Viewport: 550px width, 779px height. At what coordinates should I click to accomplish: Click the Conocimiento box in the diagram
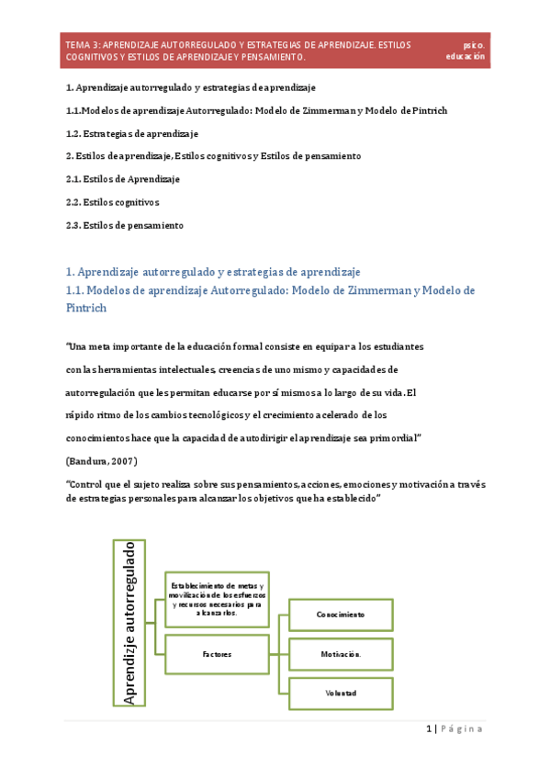click(341, 615)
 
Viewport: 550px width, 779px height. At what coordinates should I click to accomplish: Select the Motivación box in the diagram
click(341, 654)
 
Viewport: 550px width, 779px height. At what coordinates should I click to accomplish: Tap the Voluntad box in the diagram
click(341, 694)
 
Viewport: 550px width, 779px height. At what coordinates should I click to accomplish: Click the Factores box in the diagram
click(217, 654)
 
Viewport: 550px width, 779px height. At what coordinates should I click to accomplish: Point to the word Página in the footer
click(461, 728)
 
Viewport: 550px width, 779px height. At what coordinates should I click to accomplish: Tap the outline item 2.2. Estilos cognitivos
click(113, 201)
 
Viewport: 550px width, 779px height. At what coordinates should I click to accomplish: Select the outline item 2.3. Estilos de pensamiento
click(125, 224)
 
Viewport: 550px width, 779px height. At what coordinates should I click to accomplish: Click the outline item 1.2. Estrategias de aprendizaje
click(132, 133)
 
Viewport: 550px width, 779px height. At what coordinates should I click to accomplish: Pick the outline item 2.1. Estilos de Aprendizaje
click(123, 178)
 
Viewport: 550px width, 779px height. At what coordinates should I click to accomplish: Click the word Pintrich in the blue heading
click(87, 308)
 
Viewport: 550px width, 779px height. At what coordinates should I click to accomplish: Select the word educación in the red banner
click(466, 56)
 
